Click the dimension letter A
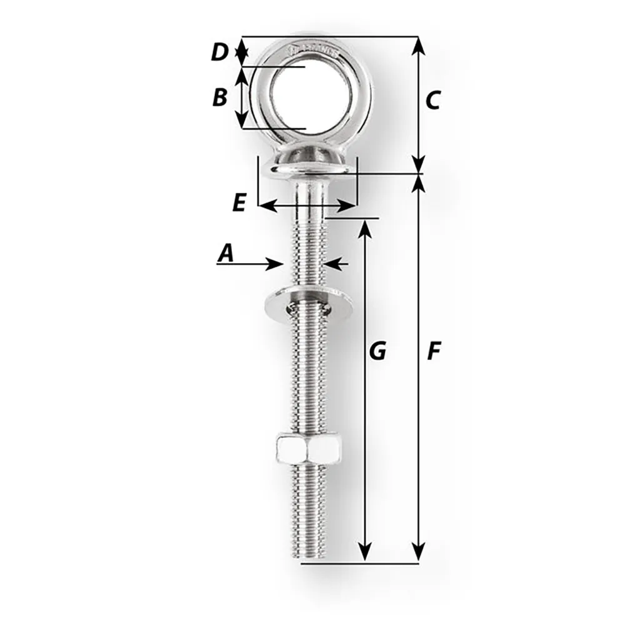(x=226, y=253)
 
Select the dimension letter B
(x=219, y=97)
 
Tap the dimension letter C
(x=432, y=100)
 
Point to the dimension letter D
(x=219, y=52)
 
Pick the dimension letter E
(x=239, y=202)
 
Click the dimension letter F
(x=433, y=352)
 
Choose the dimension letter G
(x=377, y=352)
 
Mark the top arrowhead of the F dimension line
(x=419, y=182)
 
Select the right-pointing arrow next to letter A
(x=274, y=264)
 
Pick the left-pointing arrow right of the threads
(x=335, y=264)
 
